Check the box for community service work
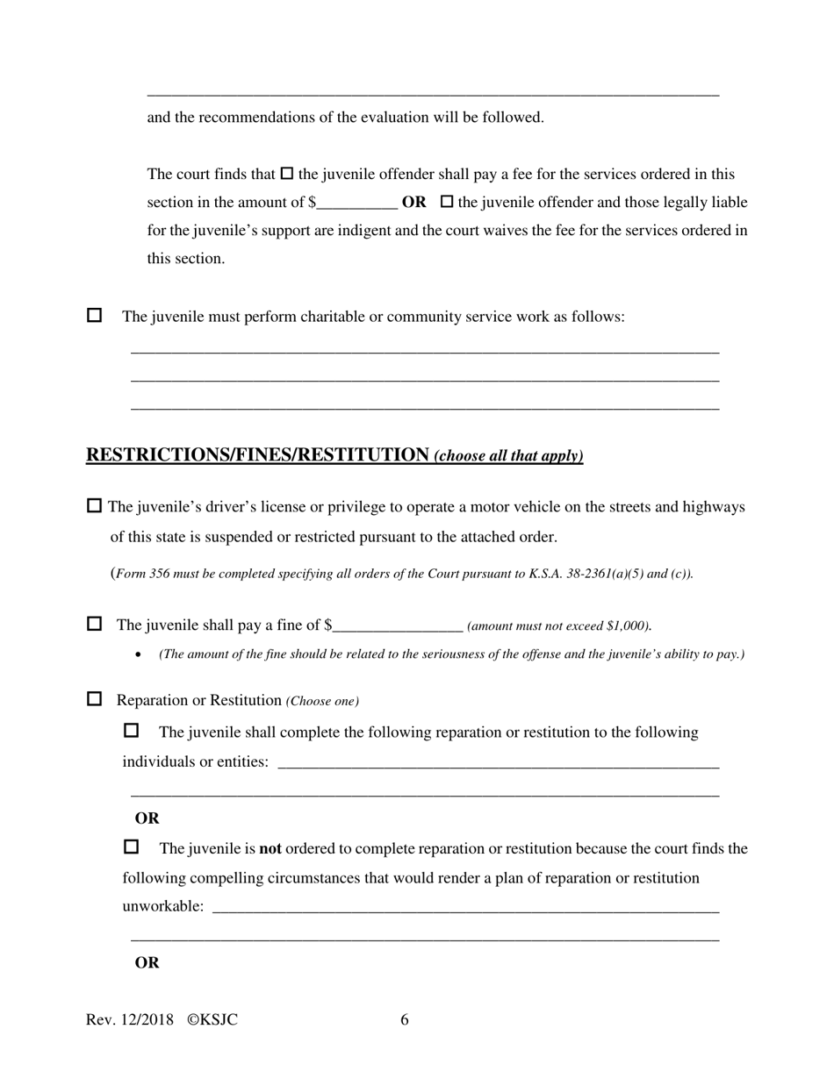(94, 315)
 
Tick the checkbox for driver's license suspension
(94, 506)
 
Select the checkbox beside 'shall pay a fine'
(94, 624)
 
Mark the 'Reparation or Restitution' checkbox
(94, 699)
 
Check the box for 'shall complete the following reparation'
(132, 730)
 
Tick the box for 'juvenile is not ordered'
(132, 847)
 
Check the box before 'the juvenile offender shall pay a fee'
(286, 174)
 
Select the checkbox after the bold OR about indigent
(446, 202)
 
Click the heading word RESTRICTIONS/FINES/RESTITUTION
(257, 454)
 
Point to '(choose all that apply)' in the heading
(508, 456)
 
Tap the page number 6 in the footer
(405, 1019)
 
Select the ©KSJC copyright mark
(212, 1019)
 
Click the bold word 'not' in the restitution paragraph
(270, 849)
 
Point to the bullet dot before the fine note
(139, 654)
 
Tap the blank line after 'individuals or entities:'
(498, 761)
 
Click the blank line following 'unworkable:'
(465, 907)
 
